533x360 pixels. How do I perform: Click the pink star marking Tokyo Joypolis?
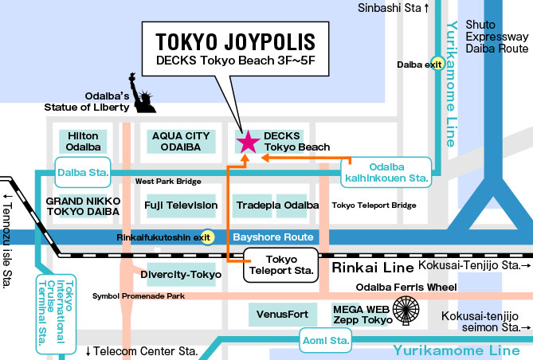pos(248,142)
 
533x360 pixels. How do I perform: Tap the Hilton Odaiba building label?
pos(83,142)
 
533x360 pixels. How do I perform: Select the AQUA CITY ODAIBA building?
pos(181,142)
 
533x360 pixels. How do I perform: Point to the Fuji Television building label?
pos(181,205)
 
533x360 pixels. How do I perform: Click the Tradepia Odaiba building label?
pos(272,205)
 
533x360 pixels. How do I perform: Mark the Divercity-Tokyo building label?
pos(181,275)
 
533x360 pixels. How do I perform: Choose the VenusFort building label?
pos(282,315)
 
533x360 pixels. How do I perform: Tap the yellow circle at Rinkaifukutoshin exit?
pos(206,237)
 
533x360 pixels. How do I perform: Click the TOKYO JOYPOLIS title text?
pos(235,41)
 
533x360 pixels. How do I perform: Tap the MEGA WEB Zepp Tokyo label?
pos(362,314)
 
